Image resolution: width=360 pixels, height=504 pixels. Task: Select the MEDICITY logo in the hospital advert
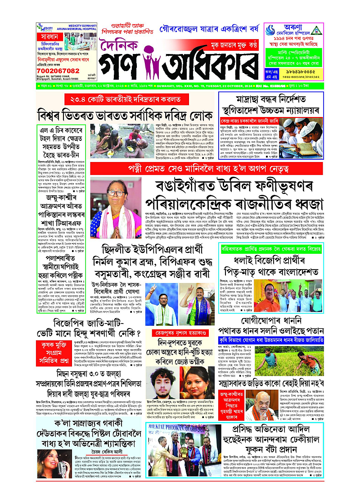pos(44,28)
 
